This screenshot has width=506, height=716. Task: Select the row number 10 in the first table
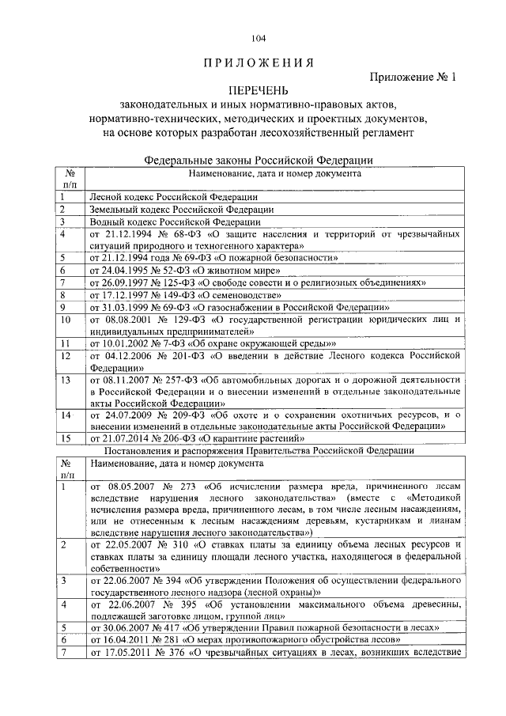click(x=67, y=320)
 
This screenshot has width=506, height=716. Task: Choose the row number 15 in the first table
click(x=67, y=437)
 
